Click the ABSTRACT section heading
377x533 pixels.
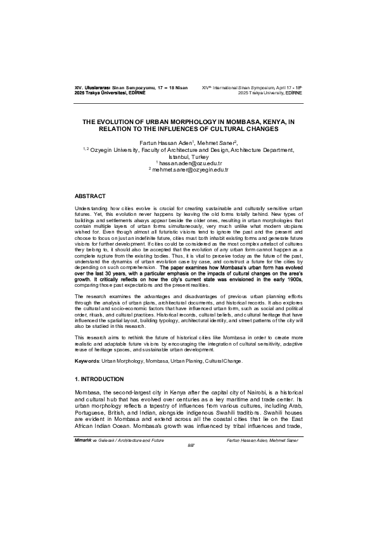89,197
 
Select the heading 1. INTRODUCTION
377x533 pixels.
99,379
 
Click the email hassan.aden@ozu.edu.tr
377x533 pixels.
188,163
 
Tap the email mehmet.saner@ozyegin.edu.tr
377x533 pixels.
188,170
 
